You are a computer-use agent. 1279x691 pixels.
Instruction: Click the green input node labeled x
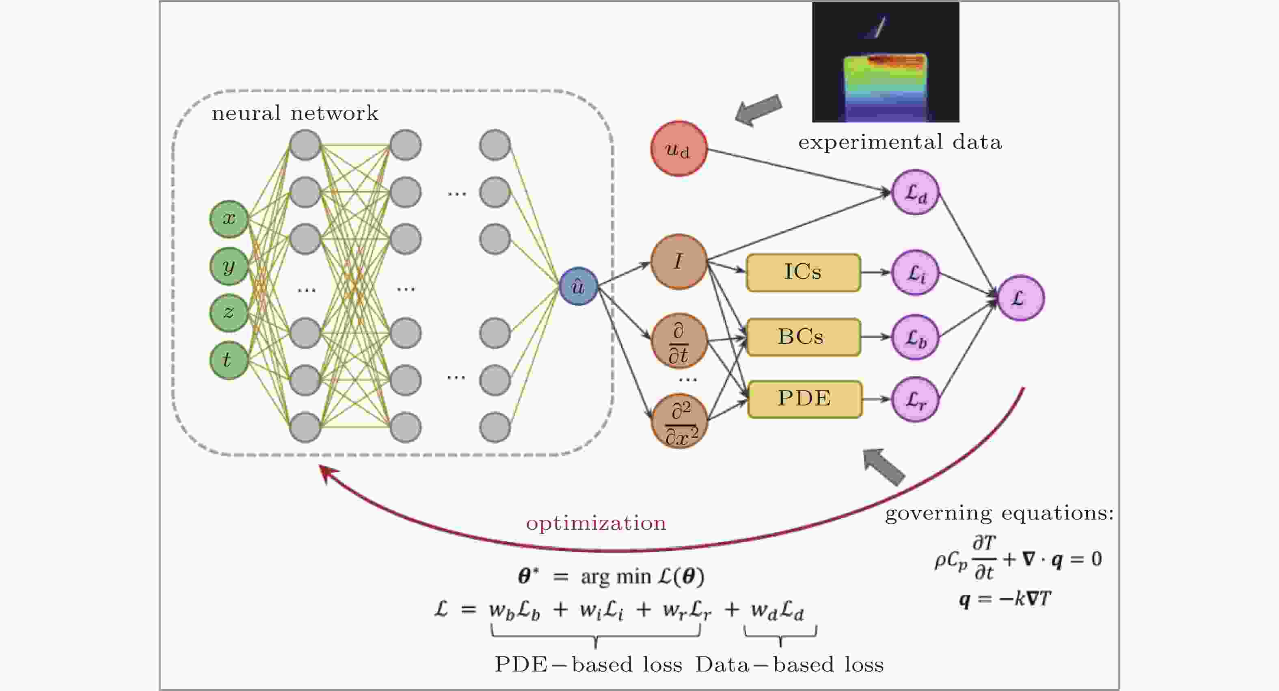click(229, 219)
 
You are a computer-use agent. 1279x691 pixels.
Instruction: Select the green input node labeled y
click(229, 266)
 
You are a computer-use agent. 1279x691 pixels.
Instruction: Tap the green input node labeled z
click(229, 313)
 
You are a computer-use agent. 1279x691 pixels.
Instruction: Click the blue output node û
click(579, 287)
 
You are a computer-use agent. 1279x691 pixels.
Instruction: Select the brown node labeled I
click(679, 262)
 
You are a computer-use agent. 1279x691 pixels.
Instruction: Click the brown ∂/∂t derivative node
click(679, 341)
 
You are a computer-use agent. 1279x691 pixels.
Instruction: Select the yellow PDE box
click(805, 399)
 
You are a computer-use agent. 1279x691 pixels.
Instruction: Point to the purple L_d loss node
click(916, 192)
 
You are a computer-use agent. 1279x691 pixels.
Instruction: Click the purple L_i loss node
click(916, 272)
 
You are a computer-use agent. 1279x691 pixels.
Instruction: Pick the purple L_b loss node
click(916, 337)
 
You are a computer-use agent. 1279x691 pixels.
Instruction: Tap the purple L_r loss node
click(916, 399)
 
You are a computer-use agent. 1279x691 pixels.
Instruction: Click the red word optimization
click(596, 524)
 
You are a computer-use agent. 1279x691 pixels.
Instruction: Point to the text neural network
click(295, 113)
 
